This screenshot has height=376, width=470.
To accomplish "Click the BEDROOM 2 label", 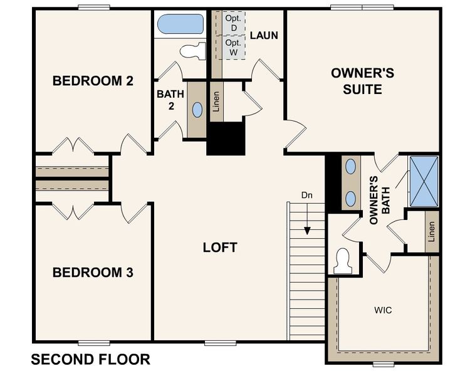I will pos(92,81).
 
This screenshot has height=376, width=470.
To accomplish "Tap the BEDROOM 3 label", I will pos(92,273).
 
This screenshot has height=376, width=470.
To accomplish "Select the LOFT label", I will pos(220,248).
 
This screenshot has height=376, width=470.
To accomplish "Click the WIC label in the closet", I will pos(383,310).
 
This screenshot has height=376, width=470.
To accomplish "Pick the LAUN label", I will pos(264,35).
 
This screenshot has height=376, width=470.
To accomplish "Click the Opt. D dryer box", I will pos(232,24).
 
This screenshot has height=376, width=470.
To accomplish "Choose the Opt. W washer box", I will pos(232,48).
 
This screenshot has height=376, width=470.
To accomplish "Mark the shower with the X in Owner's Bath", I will pos(424,182).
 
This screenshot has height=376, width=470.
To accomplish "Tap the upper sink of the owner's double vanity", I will pos(350,167).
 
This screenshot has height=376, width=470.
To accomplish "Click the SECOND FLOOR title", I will pos(90,360).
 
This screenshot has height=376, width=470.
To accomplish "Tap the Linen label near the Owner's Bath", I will pos(431,231).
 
